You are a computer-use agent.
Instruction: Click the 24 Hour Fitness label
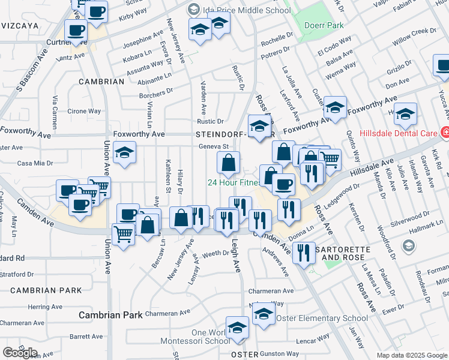pyautogui.click(x=234, y=182)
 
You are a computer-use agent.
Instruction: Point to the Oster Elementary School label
pyautogui.click(x=321, y=318)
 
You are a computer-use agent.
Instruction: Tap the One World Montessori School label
pyautogui.click(x=202, y=337)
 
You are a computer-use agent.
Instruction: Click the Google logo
pyautogui.click(x=20, y=352)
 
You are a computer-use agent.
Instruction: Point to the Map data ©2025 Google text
pyautogui.click(x=411, y=355)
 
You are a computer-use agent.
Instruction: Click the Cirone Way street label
pyautogui.click(x=84, y=111)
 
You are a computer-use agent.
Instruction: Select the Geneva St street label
pyautogui.click(x=215, y=146)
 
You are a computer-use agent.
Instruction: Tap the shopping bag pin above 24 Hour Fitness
pyautogui.click(x=228, y=162)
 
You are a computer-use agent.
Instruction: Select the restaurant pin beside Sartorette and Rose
pyautogui.click(x=304, y=253)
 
